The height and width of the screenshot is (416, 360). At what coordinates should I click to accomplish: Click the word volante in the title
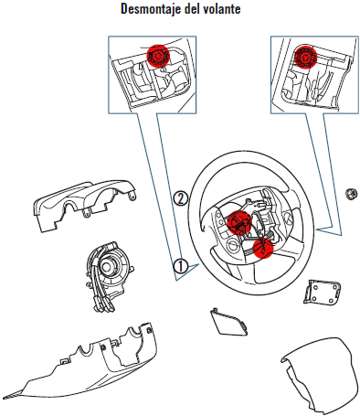[x=222, y=8]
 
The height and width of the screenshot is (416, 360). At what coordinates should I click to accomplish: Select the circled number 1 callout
[x=181, y=266]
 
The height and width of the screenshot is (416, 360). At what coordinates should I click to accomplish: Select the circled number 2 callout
[x=180, y=198]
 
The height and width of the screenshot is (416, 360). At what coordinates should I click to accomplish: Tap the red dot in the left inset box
[x=158, y=56]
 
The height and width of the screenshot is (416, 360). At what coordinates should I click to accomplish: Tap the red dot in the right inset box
[x=305, y=57]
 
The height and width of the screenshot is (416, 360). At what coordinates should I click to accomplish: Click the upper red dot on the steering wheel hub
[x=239, y=222]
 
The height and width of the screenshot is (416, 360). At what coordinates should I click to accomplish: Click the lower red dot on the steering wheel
[x=262, y=248]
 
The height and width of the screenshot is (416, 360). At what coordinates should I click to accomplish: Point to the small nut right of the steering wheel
[x=352, y=194]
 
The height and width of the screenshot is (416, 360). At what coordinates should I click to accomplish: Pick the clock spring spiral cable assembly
[x=107, y=276]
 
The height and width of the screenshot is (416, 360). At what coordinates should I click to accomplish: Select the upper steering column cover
[x=82, y=203]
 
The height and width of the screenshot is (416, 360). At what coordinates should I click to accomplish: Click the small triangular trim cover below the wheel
[x=229, y=322]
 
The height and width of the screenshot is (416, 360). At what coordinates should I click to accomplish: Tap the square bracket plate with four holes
[x=322, y=292]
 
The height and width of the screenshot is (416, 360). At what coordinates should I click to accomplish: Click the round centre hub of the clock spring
[x=108, y=267]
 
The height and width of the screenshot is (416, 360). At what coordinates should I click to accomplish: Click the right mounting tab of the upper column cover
[x=132, y=195]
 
